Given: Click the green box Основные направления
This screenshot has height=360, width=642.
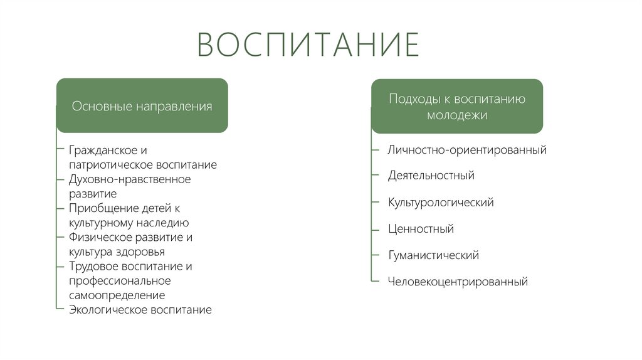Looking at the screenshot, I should [x=142, y=106].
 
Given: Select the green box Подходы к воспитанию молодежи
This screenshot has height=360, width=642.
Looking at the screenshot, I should [x=457, y=107].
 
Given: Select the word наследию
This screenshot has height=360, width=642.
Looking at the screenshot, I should [x=164, y=223].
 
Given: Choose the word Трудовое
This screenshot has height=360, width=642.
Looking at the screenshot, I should [x=93, y=266].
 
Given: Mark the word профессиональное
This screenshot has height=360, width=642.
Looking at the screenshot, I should [x=120, y=280].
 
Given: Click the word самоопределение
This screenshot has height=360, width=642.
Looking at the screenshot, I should [x=117, y=295].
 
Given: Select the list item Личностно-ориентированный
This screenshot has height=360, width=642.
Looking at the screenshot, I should [x=467, y=150].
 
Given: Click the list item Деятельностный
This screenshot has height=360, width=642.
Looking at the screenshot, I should [x=431, y=176].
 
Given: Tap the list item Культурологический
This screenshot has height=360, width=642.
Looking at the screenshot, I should [x=441, y=203].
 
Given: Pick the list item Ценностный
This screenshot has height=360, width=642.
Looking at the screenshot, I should [x=421, y=229].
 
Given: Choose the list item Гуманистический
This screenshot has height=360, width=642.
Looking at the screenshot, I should [x=433, y=255].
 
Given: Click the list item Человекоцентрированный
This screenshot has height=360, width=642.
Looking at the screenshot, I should [x=458, y=282].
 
